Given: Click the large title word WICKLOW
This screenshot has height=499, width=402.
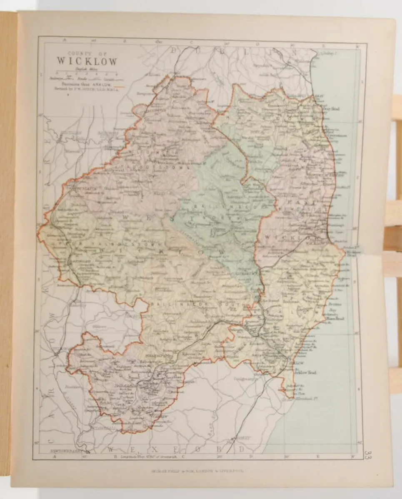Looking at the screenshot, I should tap(87, 61).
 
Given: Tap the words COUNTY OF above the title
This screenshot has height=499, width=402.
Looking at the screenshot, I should tap(86, 53).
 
